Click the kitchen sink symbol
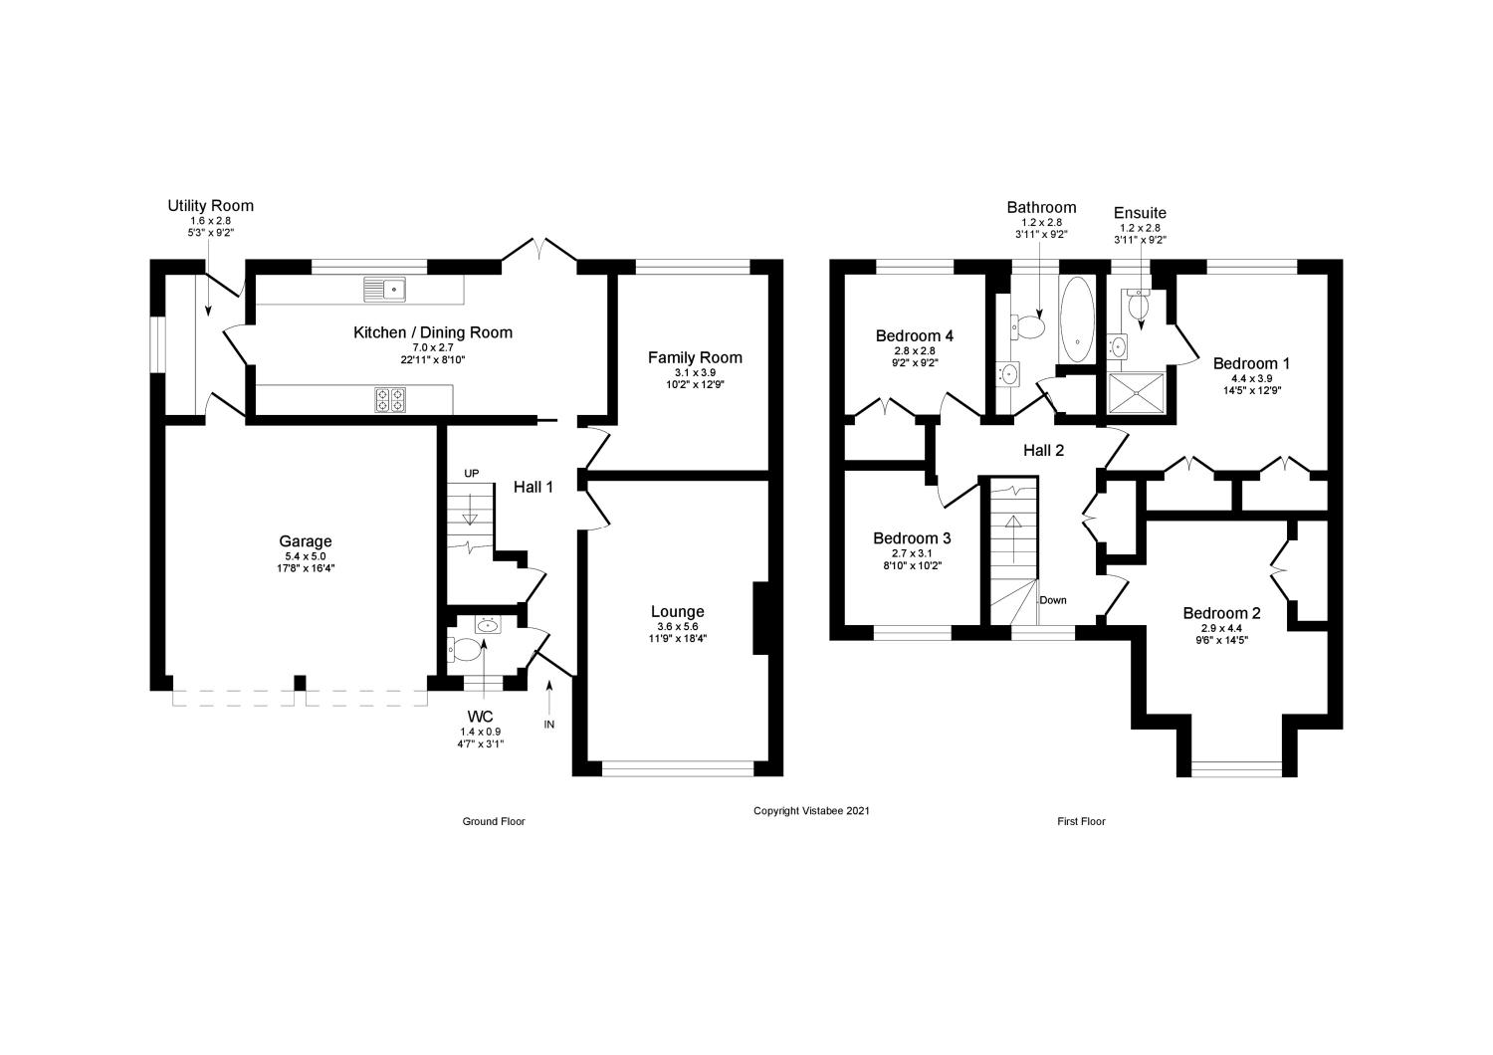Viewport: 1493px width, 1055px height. pyautogui.click(x=385, y=289)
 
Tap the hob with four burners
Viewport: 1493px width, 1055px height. pyautogui.click(x=389, y=399)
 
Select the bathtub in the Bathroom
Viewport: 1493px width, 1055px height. pyautogui.click(x=1077, y=320)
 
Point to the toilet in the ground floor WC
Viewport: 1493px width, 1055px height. pyautogui.click(x=459, y=650)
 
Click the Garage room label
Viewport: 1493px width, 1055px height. pyautogui.click(x=306, y=541)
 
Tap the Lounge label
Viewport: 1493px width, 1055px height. pyautogui.click(x=677, y=611)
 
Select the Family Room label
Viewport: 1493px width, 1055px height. pyautogui.click(x=695, y=357)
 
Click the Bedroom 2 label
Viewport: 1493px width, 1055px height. pyautogui.click(x=1221, y=613)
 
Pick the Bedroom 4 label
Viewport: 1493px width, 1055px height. pyautogui.click(x=914, y=335)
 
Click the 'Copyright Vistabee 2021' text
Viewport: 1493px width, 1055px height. pyautogui.click(x=811, y=811)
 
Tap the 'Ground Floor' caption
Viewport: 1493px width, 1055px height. pyautogui.click(x=493, y=822)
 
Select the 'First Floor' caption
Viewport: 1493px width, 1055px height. pyautogui.click(x=1081, y=822)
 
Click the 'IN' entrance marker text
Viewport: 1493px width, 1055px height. pyautogui.click(x=548, y=725)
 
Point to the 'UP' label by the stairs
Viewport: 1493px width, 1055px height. pyautogui.click(x=471, y=473)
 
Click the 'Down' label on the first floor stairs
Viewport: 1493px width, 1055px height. pyautogui.click(x=1053, y=600)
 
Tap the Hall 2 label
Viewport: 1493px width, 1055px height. pyautogui.click(x=1043, y=451)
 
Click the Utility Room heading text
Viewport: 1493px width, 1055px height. pyautogui.click(x=210, y=206)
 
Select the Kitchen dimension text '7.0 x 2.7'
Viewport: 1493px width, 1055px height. pyautogui.click(x=433, y=347)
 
